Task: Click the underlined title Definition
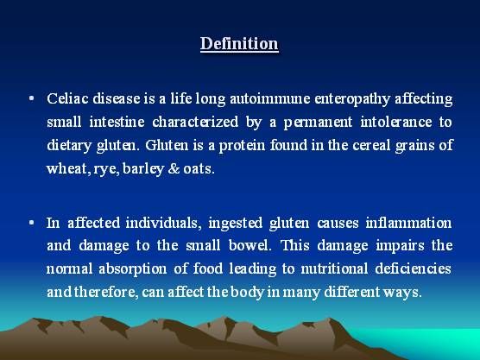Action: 239,43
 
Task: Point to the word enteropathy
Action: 352,99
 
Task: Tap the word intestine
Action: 117,122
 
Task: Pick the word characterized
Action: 195,122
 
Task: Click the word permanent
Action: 318,123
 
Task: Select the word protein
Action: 242,146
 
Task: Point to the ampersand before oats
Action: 174,168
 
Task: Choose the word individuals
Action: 163,223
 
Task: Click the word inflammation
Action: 408,223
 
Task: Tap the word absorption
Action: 133,269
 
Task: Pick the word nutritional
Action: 334,268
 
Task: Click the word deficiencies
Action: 414,268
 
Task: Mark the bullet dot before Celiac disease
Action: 31,98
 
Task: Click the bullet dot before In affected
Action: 31,223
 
